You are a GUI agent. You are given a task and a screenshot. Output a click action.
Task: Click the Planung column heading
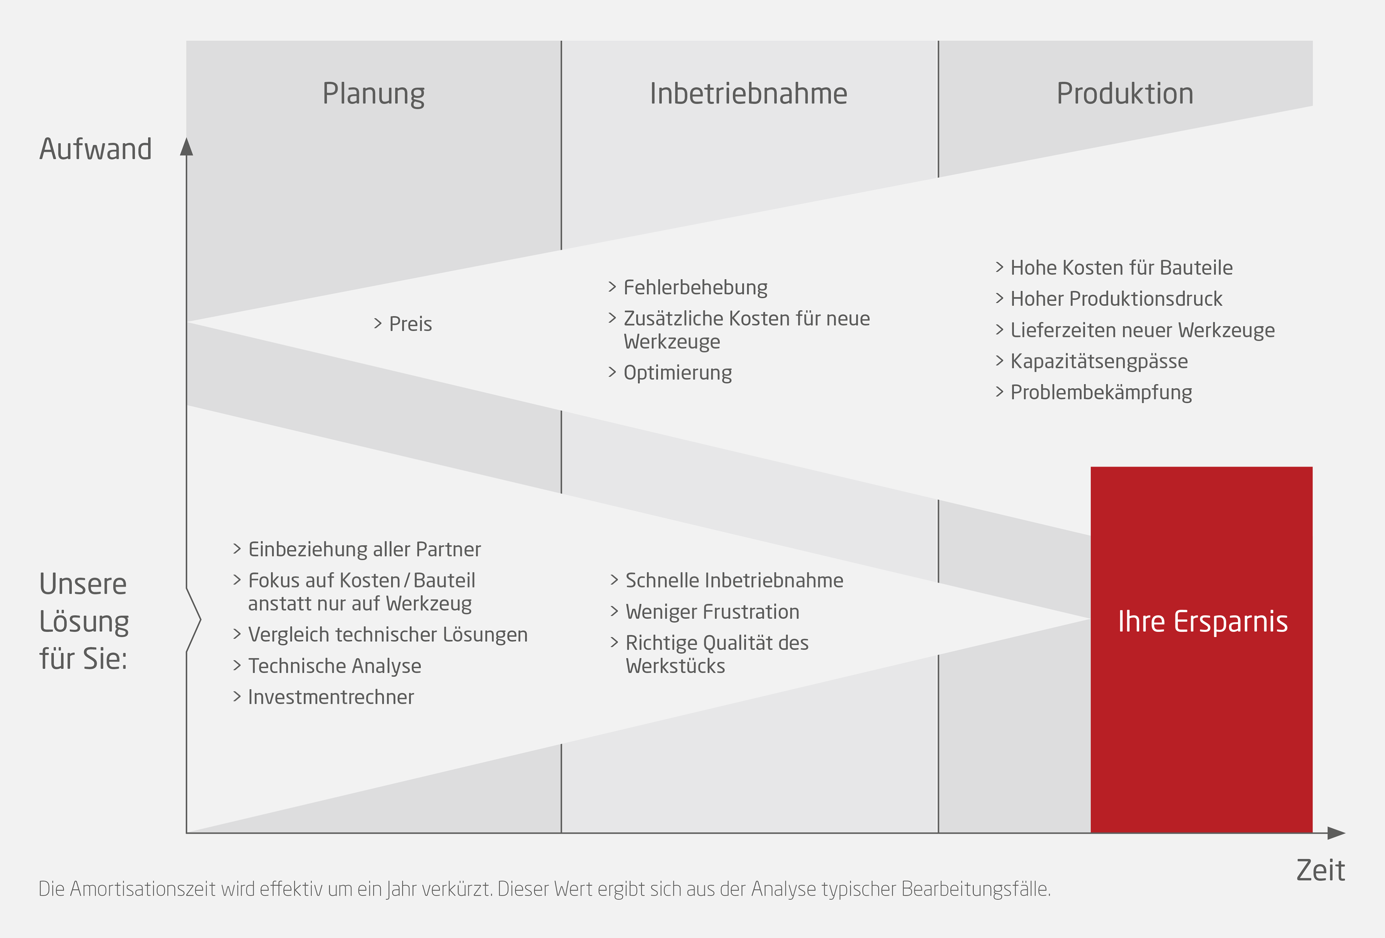tap(374, 94)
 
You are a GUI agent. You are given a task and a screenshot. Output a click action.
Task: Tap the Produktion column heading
tap(1125, 94)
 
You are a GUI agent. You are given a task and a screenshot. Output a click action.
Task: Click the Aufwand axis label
tap(95, 149)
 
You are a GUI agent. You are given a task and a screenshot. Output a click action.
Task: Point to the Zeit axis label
tap(1320, 871)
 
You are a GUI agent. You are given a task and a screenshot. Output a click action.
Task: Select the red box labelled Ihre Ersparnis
tap(1201, 649)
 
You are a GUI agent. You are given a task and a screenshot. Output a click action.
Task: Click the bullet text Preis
tap(410, 324)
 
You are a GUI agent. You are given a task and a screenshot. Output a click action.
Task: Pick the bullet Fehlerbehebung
tap(695, 288)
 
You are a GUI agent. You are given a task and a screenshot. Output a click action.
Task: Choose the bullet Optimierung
tap(678, 373)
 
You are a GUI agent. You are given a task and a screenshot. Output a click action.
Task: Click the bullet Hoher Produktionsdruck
tap(1116, 299)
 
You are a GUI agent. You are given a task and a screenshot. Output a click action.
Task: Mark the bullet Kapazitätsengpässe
tap(1099, 361)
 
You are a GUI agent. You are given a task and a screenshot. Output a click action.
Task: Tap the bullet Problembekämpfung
tap(1101, 393)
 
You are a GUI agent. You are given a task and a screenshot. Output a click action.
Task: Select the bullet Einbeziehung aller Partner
tap(364, 549)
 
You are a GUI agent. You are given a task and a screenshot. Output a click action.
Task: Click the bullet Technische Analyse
tap(334, 666)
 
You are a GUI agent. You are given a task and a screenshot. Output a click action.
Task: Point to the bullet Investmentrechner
tap(331, 697)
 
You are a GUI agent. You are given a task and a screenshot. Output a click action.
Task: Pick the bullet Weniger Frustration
tap(712, 612)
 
